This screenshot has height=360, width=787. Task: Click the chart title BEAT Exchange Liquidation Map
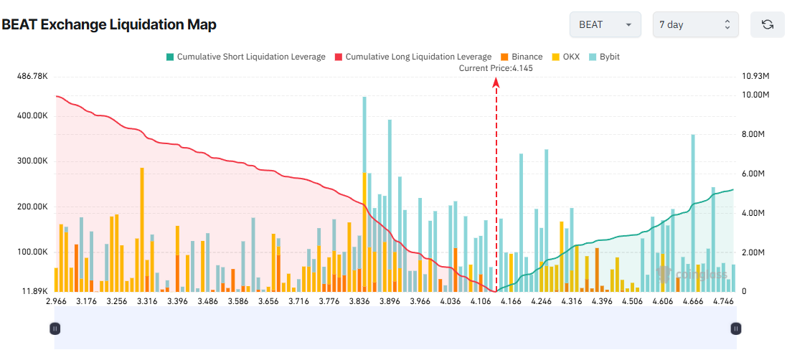[x=109, y=24]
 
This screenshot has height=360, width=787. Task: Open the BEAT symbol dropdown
[x=604, y=24]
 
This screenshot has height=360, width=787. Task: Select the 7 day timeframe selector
[x=694, y=24]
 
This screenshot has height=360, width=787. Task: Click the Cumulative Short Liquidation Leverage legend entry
[x=245, y=57]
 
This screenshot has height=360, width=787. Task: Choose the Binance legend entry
[x=522, y=57]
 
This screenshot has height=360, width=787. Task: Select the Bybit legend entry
[x=605, y=57]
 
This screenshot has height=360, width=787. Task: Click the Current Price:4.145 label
[x=496, y=68]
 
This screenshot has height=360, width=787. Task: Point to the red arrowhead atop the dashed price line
[x=496, y=82]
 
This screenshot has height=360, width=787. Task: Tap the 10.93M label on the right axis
[x=755, y=76]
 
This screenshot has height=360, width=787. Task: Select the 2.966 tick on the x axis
[x=56, y=302]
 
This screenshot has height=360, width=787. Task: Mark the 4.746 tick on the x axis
[x=722, y=302]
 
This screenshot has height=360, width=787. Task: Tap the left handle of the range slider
[x=55, y=328]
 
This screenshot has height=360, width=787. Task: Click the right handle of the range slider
[x=735, y=328]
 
